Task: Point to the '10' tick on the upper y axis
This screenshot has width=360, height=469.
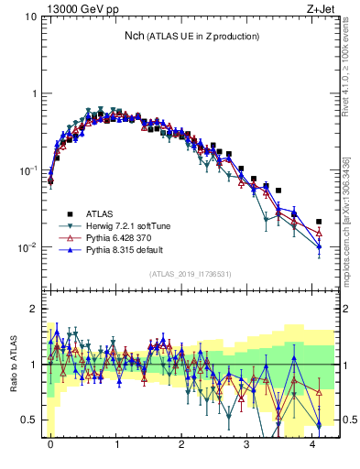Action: click(30, 17)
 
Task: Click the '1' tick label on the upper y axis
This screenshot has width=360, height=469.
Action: click(33, 93)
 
